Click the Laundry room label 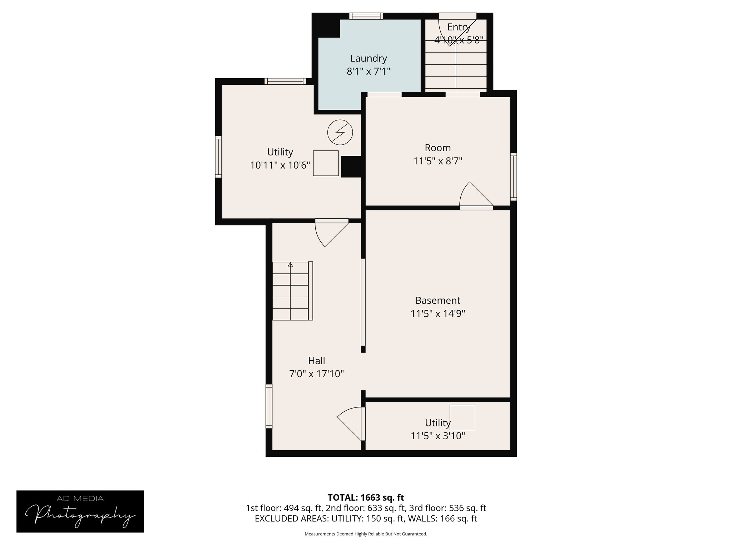point(369,58)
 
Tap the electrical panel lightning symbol point(340,132)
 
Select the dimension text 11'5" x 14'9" point(437,314)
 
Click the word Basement point(437,300)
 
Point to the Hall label point(316,361)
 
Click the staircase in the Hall point(292,291)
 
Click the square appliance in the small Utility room point(462,417)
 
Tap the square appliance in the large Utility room point(326,163)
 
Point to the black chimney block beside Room point(351,167)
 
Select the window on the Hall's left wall point(269,406)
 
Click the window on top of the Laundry point(366,16)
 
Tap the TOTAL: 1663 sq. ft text point(366,498)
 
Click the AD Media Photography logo point(80,511)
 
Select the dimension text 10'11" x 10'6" point(280,165)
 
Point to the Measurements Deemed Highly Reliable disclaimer point(366,534)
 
